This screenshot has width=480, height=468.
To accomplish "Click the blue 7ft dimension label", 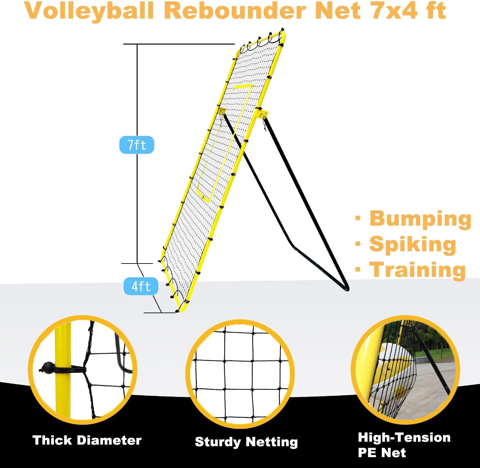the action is [137, 145].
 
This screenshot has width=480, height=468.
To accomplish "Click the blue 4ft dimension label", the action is [141, 286].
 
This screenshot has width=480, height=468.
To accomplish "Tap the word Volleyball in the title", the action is [89, 11].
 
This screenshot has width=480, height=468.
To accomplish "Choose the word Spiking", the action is [412, 245].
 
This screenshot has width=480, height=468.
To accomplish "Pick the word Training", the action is [417, 270].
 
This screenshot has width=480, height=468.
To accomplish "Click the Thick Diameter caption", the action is [87, 440].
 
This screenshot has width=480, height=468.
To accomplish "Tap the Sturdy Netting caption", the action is [246, 442].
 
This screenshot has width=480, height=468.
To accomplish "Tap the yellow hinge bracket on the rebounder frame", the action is [261, 114].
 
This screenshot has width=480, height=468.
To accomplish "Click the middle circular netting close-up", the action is [240, 373].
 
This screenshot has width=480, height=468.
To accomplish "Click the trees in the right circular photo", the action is [438, 340].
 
